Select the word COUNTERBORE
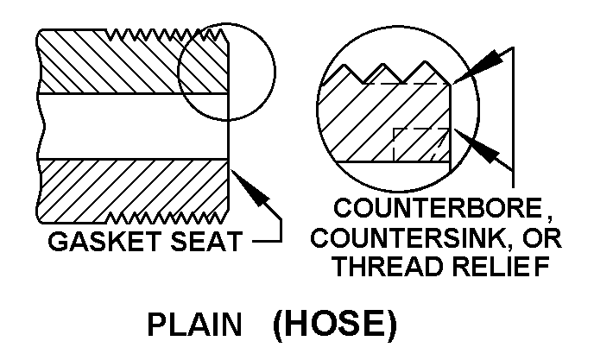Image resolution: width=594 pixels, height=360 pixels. (438, 208)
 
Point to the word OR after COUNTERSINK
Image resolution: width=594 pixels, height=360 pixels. (541, 237)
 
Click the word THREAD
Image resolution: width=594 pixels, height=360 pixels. (391, 267)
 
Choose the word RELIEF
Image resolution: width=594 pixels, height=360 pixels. (501, 267)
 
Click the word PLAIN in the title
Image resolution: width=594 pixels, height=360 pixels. (194, 325)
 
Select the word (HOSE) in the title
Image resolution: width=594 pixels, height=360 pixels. (335, 325)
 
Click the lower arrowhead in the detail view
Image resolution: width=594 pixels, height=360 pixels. (478, 146)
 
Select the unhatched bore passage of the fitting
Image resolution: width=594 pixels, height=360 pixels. (133, 126)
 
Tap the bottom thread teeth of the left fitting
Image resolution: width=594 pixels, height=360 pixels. (167, 218)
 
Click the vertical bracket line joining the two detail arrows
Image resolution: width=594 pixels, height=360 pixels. (514, 117)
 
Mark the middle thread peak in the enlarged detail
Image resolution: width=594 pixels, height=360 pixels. (383, 65)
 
